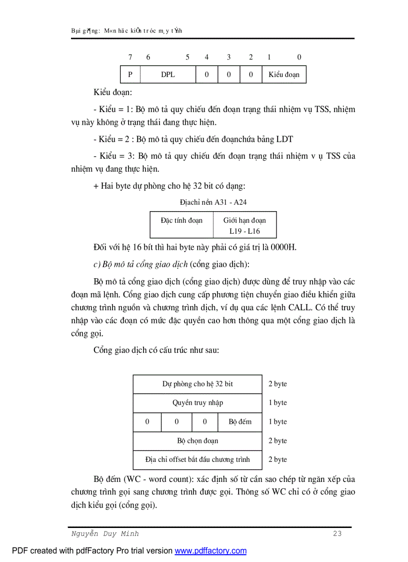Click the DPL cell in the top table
click(168, 75)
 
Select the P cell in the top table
click(130, 75)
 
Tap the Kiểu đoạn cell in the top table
click(284, 75)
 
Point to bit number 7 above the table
click(130, 57)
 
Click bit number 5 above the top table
click(187, 57)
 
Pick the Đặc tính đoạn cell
click(181, 220)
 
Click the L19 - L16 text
click(244, 231)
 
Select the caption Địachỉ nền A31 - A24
click(213, 202)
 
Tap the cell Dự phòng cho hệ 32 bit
click(197, 384)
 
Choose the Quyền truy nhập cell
click(197, 403)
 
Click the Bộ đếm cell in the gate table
click(240, 422)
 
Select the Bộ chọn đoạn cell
click(197, 441)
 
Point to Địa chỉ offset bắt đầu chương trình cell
click(197, 459)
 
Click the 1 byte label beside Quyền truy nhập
click(277, 403)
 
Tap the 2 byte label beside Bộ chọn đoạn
click(277, 441)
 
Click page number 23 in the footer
click(337, 533)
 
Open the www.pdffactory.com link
click(210, 551)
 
